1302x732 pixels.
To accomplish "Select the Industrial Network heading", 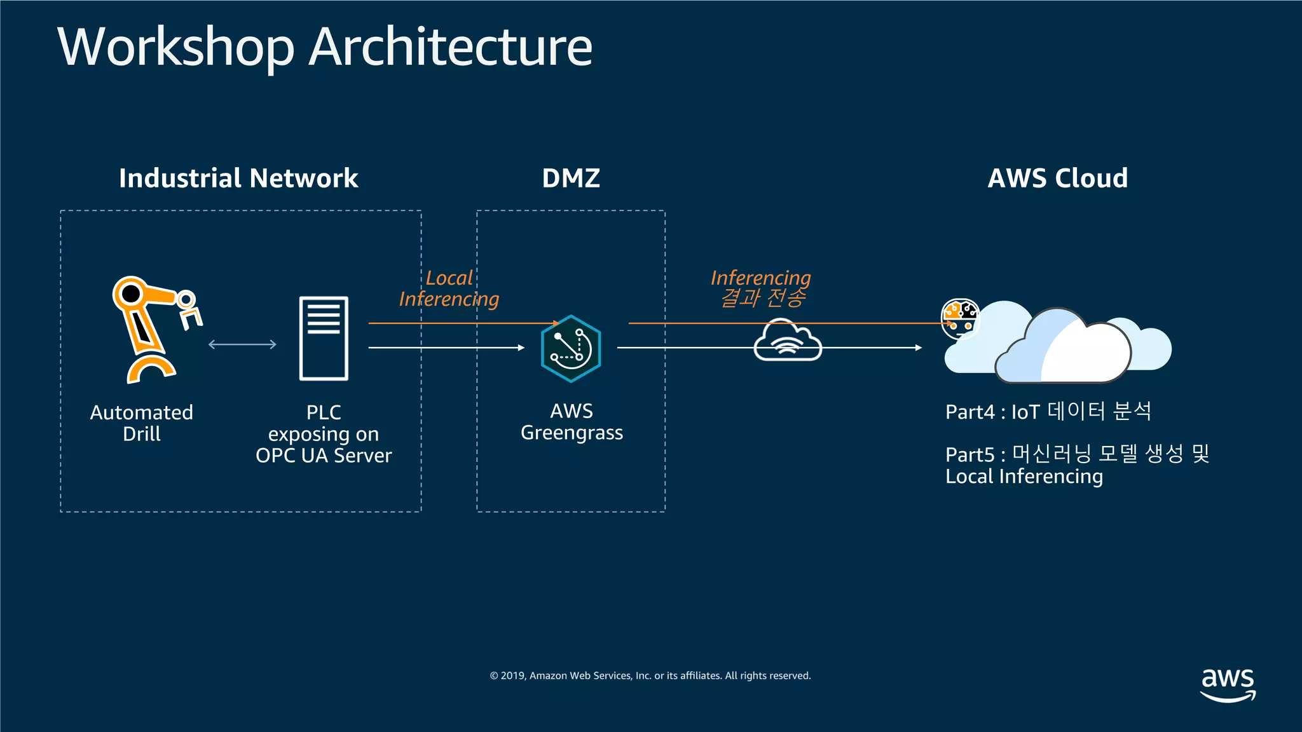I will click(238, 179).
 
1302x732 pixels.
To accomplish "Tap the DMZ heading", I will click(571, 179).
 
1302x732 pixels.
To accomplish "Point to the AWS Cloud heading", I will click(1057, 179).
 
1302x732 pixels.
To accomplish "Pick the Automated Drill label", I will click(141, 423).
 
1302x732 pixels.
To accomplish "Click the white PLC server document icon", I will click(324, 338).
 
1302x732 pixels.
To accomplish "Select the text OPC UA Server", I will click(324, 456).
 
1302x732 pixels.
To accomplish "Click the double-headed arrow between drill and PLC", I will click(242, 344).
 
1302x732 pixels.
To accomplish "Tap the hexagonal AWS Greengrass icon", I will click(571, 349).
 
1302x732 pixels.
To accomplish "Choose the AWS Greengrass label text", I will click(572, 422).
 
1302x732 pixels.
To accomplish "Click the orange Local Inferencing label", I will click(449, 288).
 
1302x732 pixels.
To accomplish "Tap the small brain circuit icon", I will click(960, 318).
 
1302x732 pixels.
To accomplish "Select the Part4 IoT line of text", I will click(1048, 412).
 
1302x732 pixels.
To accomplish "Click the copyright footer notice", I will click(650, 675).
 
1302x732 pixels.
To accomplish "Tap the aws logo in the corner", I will click(1228, 684).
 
